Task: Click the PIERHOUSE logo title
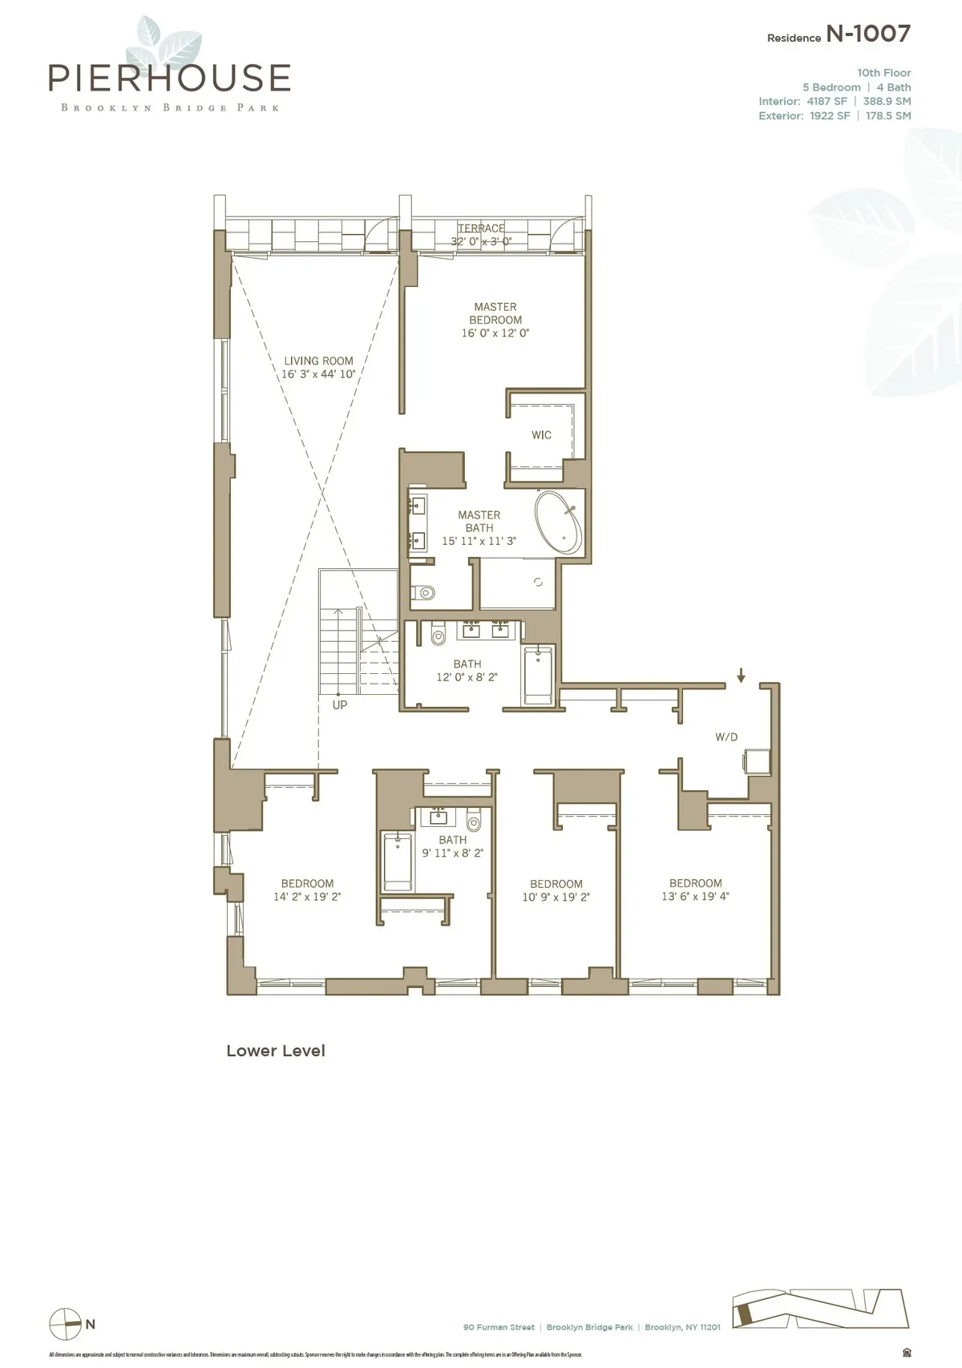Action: pyautogui.click(x=169, y=78)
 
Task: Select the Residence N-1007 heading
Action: pyautogui.click(x=839, y=34)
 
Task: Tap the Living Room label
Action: pyautogui.click(x=318, y=367)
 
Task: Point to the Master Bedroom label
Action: pyautogui.click(x=495, y=319)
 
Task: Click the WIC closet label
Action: pyautogui.click(x=541, y=434)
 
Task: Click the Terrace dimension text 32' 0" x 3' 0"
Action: pyautogui.click(x=481, y=240)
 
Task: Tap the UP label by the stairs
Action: pyautogui.click(x=340, y=705)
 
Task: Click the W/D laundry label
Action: pyautogui.click(x=726, y=736)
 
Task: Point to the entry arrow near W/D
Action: pyautogui.click(x=741, y=676)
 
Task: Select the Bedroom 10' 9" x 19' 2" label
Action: pyautogui.click(x=556, y=890)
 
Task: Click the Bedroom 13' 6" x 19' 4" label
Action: pyautogui.click(x=695, y=890)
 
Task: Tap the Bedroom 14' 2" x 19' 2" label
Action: pyautogui.click(x=307, y=890)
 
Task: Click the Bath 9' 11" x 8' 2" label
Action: pyautogui.click(x=452, y=846)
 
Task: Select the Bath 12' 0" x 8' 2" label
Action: pyautogui.click(x=467, y=670)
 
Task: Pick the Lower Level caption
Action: pyautogui.click(x=276, y=1051)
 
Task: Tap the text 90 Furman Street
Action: pyautogui.click(x=499, y=1327)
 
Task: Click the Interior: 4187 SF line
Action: pyautogui.click(x=802, y=101)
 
